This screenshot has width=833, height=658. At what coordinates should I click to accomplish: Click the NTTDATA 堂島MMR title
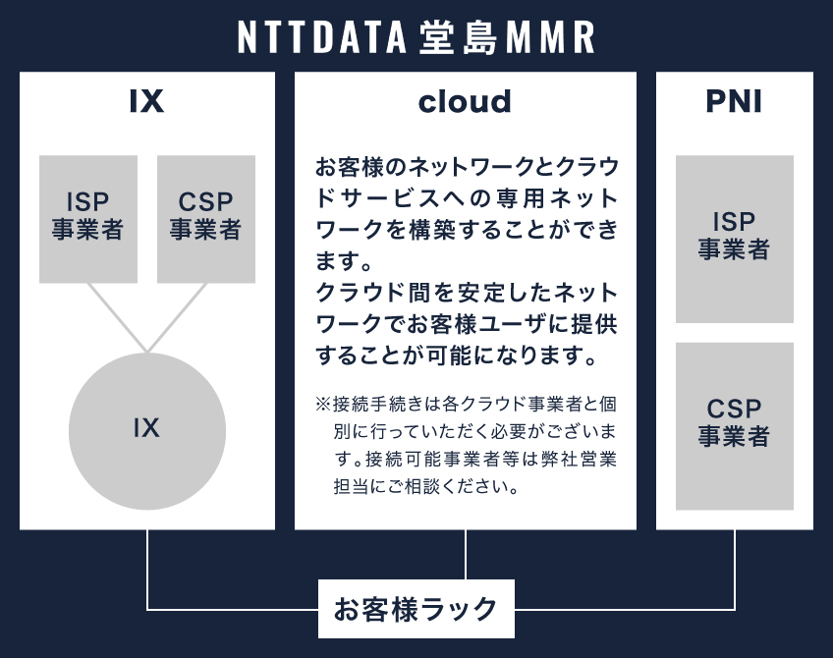(416, 37)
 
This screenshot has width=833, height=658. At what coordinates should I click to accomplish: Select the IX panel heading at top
(146, 102)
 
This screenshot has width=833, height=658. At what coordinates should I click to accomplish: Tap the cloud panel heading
(465, 102)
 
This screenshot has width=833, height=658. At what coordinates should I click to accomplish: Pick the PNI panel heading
(734, 102)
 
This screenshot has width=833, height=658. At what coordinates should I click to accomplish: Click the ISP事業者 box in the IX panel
(88, 218)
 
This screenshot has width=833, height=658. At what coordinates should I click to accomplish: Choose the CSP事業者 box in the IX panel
(206, 218)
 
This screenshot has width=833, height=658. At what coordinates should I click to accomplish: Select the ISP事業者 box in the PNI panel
(734, 239)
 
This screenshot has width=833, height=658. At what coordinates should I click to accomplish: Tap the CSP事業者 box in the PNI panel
(734, 425)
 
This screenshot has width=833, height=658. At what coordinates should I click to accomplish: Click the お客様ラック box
(416, 609)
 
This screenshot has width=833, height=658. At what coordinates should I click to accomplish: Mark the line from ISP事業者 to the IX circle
(117, 316)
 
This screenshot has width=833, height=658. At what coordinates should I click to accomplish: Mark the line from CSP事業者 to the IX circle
(178, 316)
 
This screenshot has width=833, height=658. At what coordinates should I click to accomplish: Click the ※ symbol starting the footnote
(323, 405)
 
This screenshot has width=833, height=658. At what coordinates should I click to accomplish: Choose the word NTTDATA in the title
(321, 37)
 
